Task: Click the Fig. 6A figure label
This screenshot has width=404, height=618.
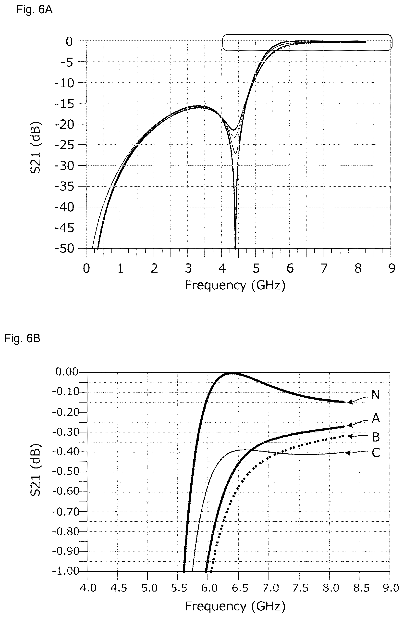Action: [34, 10]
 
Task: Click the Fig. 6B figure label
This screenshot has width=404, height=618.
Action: [22, 339]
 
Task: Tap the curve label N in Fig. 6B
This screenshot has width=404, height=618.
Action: [376, 395]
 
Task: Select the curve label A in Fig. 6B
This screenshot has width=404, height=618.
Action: [376, 418]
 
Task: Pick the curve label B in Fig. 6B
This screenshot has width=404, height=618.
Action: [376, 437]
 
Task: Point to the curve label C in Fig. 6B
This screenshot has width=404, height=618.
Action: [376, 453]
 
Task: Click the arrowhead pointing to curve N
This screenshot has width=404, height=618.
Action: [350, 402]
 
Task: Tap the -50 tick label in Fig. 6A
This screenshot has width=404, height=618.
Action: [64, 249]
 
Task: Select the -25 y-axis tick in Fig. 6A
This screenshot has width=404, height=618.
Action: [64, 145]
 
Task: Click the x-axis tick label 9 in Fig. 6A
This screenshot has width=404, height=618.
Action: [392, 268]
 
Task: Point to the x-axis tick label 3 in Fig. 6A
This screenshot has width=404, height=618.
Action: [188, 268]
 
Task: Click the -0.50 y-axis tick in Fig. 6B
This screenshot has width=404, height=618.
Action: [65, 472]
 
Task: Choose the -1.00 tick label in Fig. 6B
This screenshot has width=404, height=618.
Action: [65, 571]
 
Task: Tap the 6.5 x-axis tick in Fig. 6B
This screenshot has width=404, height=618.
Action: [240, 588]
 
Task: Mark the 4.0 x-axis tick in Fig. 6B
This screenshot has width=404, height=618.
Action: [88, 588]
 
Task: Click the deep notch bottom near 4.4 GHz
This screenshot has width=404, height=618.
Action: [235, 248]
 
